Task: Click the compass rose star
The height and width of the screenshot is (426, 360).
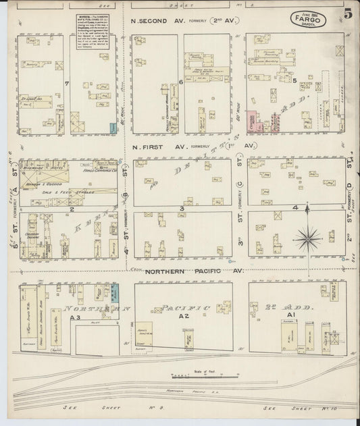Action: [308, 236]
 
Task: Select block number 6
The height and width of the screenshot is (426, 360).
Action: [181, 82]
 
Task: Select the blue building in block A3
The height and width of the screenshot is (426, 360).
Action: [115, 293]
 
